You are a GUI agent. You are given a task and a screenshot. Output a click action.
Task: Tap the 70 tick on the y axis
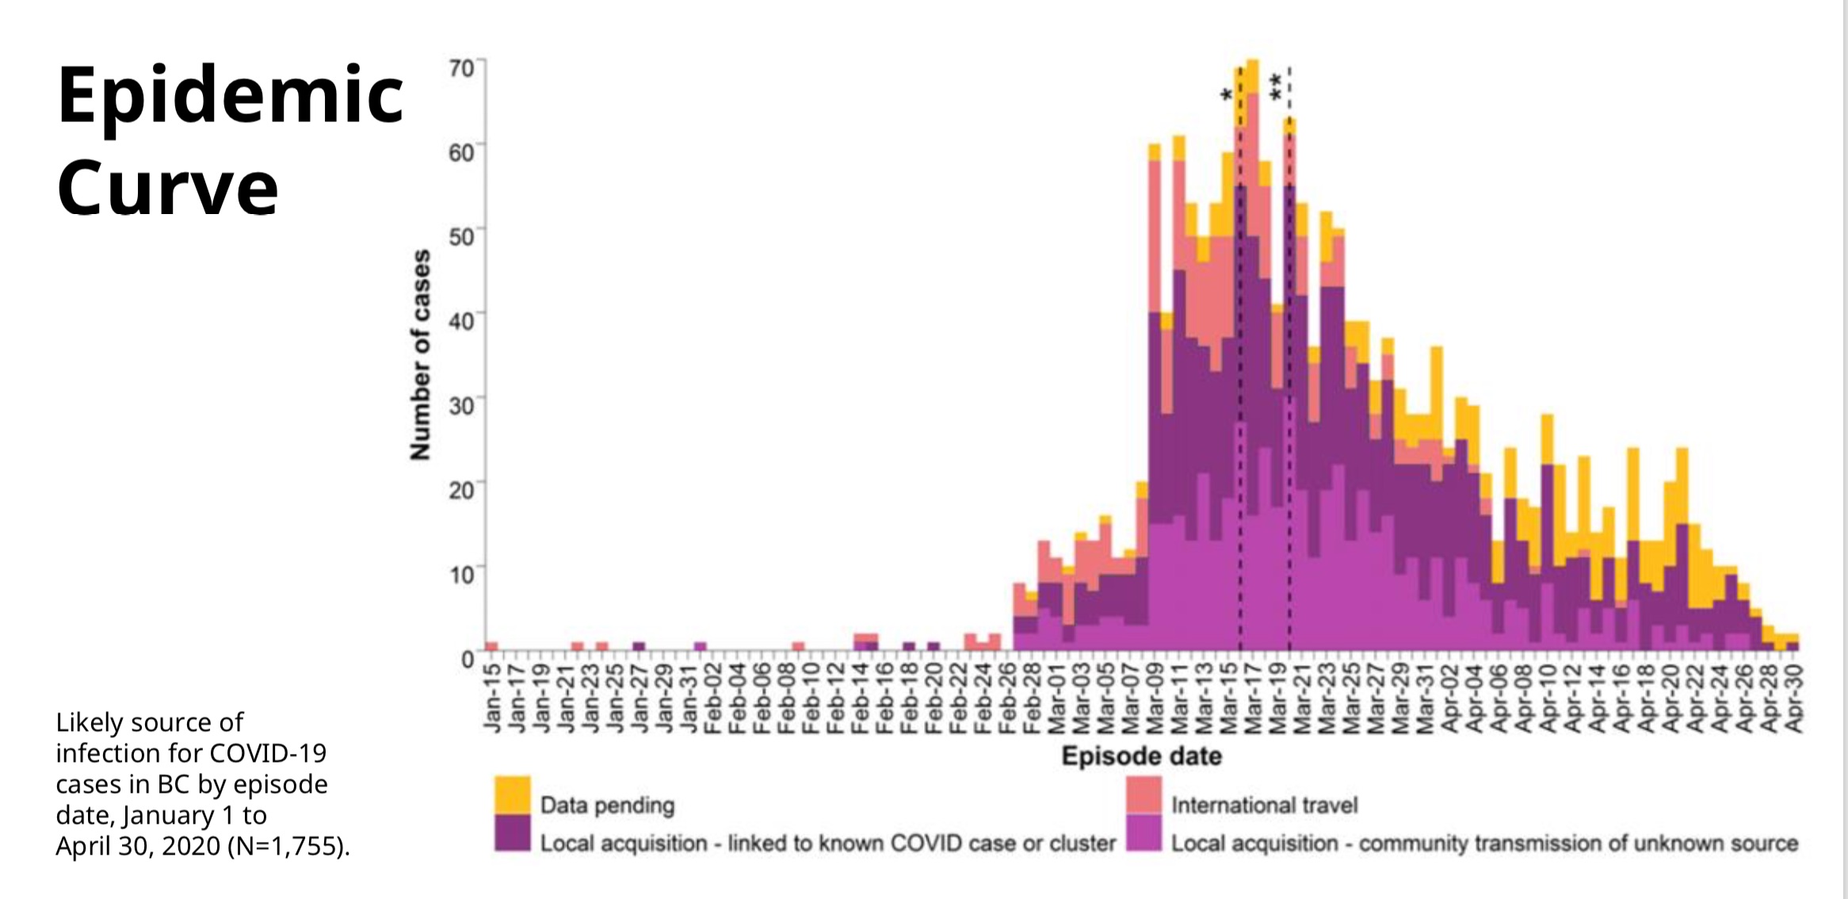tap(461, 68)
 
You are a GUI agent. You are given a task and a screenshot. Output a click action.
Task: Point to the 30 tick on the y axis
tap(461, 406)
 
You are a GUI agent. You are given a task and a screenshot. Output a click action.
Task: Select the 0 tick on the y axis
tap(468, 660)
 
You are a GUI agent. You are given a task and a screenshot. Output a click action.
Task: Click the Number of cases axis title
tap(420, 354)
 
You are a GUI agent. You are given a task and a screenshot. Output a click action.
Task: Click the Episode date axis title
tap(1141, 756)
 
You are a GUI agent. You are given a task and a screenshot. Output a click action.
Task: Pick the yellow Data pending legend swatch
tap(512, 794)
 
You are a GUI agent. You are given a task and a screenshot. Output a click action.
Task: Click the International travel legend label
tap(1264, 805)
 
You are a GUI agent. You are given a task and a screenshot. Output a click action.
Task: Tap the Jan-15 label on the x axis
tap(492, 698)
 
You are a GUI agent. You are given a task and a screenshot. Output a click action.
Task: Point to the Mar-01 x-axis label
tap(1056, 698)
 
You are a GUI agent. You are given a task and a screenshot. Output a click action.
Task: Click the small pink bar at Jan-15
tap(491, 646)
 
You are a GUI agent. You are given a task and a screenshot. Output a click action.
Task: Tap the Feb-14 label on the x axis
tap(861, 698)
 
